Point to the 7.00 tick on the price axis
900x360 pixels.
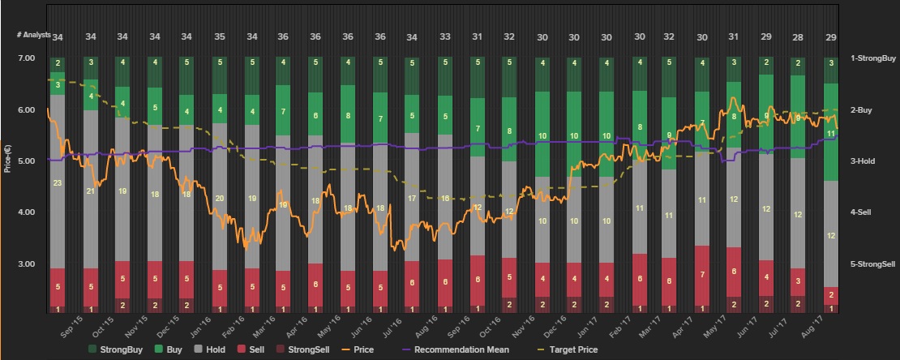click(26, 58)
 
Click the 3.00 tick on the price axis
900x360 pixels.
click(26, 264)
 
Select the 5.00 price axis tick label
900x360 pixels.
click(26, 161)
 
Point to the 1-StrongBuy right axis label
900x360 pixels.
click(872, 58)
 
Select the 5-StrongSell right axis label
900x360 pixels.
click(872, 264)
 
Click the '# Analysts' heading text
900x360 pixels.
click(34, 36)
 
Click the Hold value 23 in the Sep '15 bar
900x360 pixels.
click(58, 183)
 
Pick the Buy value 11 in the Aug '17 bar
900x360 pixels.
click(830, 133)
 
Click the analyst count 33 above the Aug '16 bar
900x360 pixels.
click(444, 36)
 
